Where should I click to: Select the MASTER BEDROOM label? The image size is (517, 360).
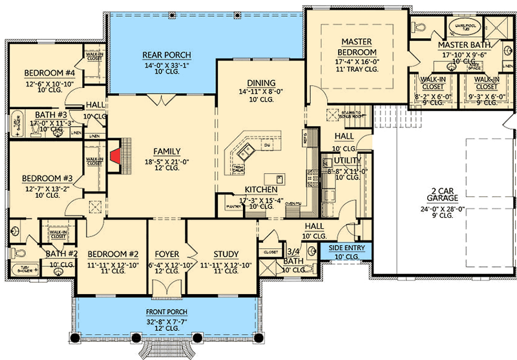tap(357, 47)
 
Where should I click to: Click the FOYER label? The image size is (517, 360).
tap(167, 254)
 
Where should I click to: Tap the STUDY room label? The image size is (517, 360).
tap(226, 254)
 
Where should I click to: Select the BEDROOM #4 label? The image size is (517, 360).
tap(41, 72)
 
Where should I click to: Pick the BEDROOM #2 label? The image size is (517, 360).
tap(105, 254)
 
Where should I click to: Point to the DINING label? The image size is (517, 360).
tap(261, 83)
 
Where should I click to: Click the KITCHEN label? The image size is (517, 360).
tap(261, 189)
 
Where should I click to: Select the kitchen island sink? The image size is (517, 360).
tap(245, 153)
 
